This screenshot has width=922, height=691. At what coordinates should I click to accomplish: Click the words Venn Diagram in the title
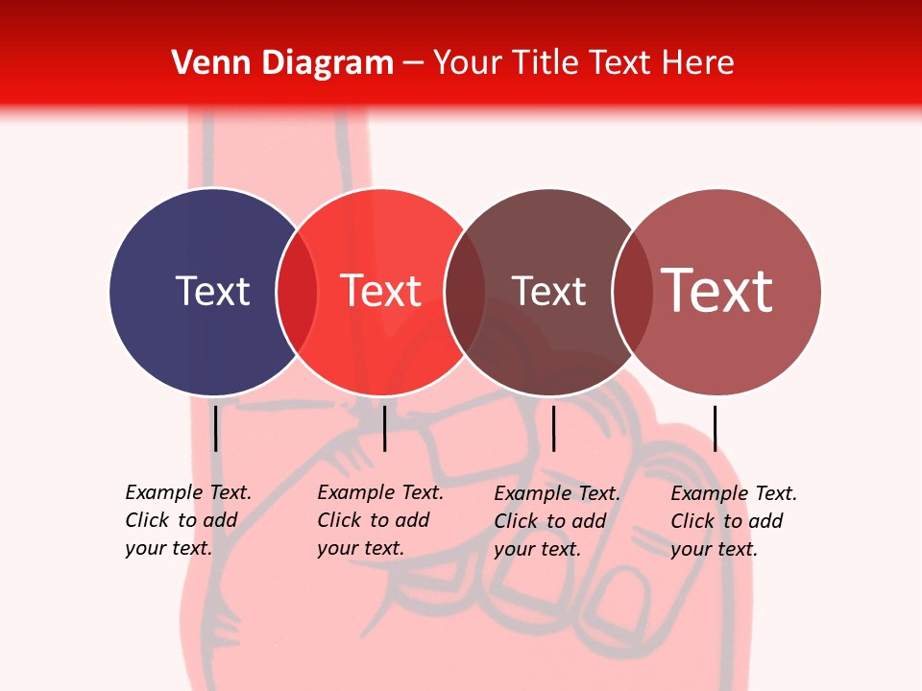click(282, 62)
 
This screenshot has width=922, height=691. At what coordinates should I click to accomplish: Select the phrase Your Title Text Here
click(583, 62)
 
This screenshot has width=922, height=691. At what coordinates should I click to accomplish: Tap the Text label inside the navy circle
click(212, 291)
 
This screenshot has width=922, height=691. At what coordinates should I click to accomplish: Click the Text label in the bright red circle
click(380, 291)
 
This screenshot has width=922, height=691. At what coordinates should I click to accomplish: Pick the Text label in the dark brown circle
click(548, 291)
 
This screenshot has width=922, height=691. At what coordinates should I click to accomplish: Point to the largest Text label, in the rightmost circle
click(716, 290)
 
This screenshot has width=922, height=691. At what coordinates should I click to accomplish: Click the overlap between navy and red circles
click(297, 291)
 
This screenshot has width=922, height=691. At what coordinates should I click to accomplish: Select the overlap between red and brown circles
click(465, 291)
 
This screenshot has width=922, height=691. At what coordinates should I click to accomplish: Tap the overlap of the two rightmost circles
click(632, 291)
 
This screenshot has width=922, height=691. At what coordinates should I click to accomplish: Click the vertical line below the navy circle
click(216, 428)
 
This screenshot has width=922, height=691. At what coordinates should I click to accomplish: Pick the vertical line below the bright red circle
click(384, 428)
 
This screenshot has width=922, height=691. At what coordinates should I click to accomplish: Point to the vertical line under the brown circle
click(553, 428)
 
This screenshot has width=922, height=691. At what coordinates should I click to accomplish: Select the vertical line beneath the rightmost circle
click(715, 428)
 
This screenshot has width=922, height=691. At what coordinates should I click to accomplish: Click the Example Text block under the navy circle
click(187, 520)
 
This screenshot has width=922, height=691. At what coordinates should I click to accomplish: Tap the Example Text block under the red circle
click(379, 520)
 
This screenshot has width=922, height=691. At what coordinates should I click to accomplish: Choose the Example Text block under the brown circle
click(556, 521)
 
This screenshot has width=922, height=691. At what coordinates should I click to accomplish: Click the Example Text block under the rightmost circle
click(733, 521)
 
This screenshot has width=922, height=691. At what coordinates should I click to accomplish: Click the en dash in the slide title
click(413, 63)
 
